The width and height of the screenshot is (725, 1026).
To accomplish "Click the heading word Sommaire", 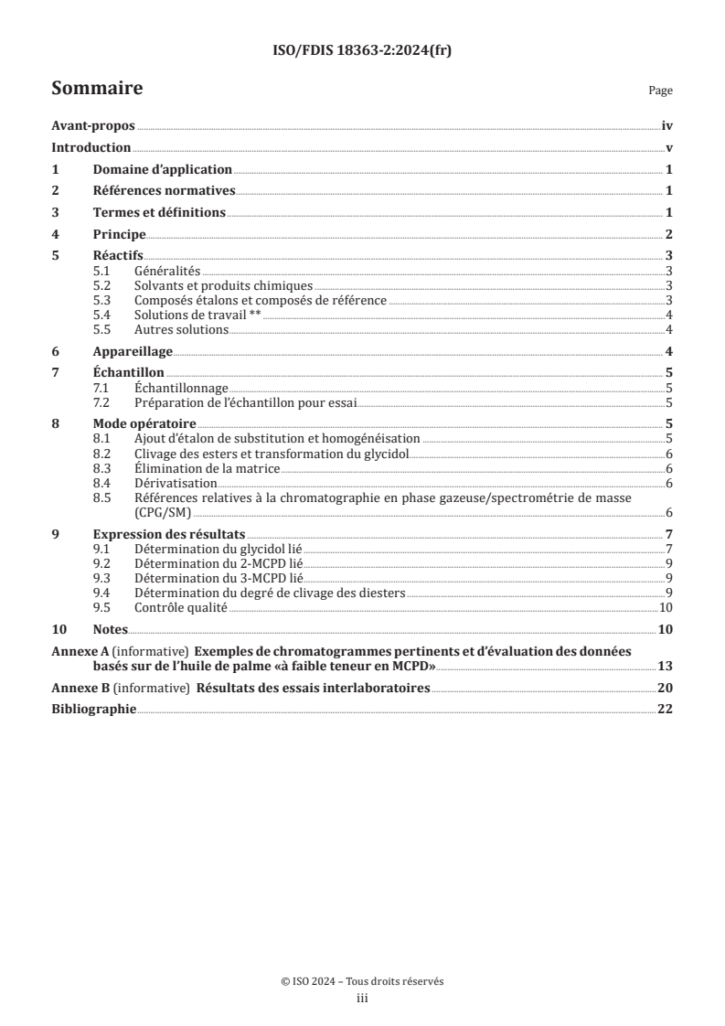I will point(96,89).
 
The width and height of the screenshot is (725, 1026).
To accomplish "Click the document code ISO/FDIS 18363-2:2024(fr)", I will point(362,51).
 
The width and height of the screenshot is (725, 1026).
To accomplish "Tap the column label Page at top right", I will point(660,91).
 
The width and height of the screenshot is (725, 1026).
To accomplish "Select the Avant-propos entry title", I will point(93,128).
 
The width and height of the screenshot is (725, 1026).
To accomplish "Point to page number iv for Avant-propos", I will point(667,128).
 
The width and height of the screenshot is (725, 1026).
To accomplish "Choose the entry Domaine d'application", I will point(163,170).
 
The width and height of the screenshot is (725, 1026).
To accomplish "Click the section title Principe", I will point(120,235).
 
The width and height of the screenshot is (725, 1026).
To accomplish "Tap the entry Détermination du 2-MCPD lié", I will point(218,563).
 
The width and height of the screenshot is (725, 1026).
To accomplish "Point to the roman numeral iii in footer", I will point(362,999).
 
